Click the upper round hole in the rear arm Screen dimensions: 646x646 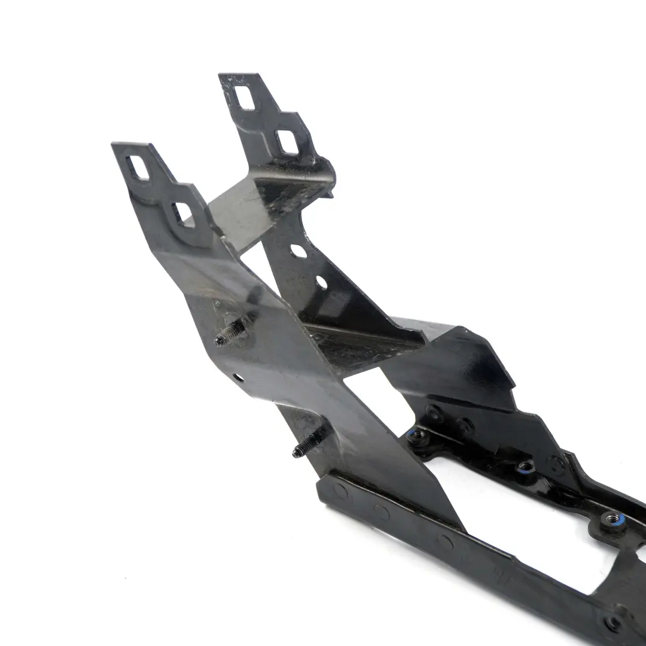[298, 252]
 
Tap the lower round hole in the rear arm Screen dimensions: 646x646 [321, 282]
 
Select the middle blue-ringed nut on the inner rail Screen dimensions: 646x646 [526, 467]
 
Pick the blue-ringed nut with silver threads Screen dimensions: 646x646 [611, 519]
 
